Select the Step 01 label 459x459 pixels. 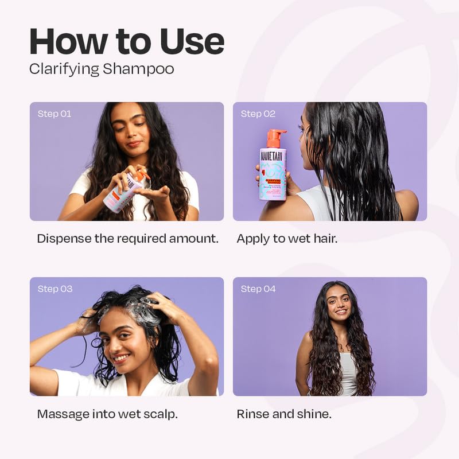55,114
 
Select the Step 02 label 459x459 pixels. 258,114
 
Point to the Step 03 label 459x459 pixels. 55,289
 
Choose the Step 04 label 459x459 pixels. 258,289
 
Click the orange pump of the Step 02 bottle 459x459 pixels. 275,138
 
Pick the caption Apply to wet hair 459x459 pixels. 287,239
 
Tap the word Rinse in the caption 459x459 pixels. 251,414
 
